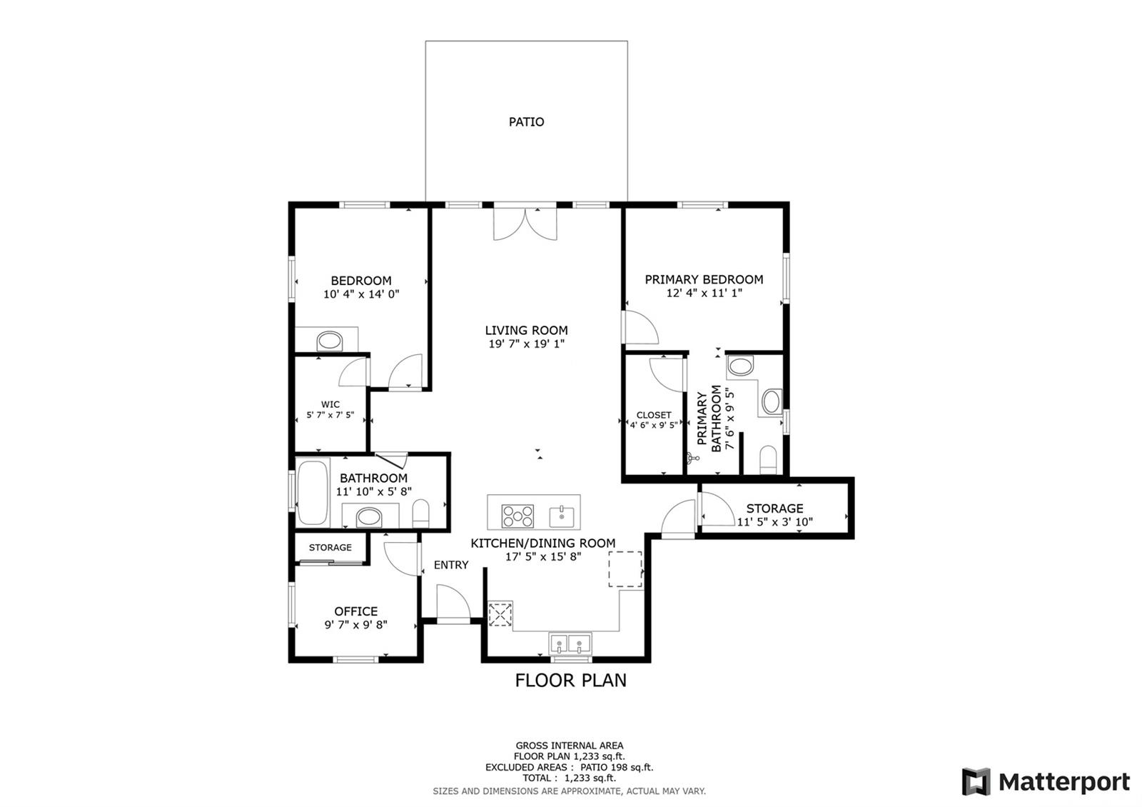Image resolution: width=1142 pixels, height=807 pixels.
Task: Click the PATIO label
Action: pos(526,122)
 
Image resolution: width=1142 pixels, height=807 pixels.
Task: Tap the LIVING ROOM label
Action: pos(526,331)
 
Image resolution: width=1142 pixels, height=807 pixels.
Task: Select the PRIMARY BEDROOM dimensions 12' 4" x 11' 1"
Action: pos(704,293)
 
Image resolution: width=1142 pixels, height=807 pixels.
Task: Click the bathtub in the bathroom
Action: pos(313,493)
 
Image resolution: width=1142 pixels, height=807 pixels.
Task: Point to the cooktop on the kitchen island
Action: pos(517,516)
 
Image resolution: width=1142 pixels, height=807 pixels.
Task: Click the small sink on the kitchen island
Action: pos(561,516)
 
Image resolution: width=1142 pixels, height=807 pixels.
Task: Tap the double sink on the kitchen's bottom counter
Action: pos(570,643)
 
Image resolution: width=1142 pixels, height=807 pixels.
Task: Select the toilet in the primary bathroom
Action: pos(768,460)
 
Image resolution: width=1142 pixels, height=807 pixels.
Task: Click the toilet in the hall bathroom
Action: pos(420,513)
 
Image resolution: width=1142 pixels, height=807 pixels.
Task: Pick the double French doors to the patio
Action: pos(525,224)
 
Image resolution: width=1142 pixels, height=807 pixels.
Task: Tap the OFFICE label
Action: pos(356,611)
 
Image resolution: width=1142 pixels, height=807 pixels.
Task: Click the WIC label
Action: pos(330,404)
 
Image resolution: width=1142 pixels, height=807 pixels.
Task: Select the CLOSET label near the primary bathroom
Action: pos(654,415)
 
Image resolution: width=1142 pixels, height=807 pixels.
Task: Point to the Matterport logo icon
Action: pos(976,781)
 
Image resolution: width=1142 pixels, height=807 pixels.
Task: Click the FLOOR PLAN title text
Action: pos(570,681)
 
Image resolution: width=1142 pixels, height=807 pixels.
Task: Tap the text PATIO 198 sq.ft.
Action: pos(617,767)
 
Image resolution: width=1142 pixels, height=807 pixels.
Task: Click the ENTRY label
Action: pos(450,565)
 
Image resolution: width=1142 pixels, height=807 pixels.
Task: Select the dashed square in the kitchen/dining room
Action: pos(625,568)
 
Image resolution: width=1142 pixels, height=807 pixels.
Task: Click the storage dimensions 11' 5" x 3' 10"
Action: pos(775,522)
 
